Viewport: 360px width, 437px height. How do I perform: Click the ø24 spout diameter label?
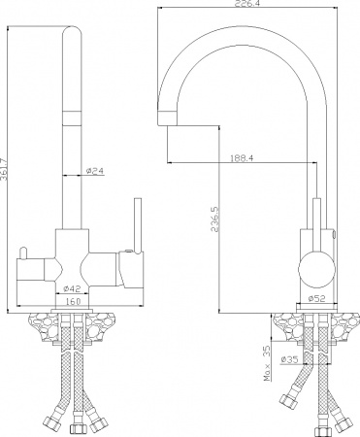pyautogui.click(x=95, y=172)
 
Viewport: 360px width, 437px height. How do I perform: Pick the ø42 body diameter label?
pyautogui.click(x=72, y=288)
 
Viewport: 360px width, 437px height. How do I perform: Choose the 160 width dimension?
pyautogui.click(x=72, y=301)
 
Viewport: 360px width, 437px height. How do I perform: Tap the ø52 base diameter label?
pyautogui.click(x=315, y=298)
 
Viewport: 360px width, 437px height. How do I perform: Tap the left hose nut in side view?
pyautogui.click(x=286, y=398)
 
